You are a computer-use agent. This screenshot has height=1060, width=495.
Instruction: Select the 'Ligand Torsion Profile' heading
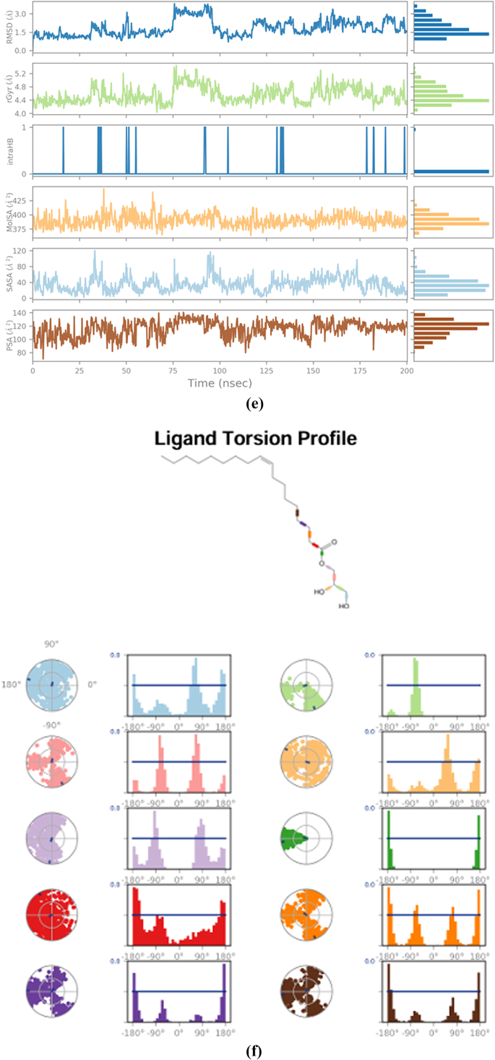tap(250, 438)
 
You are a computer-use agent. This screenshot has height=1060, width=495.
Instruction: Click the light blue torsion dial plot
tap(51, 684)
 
